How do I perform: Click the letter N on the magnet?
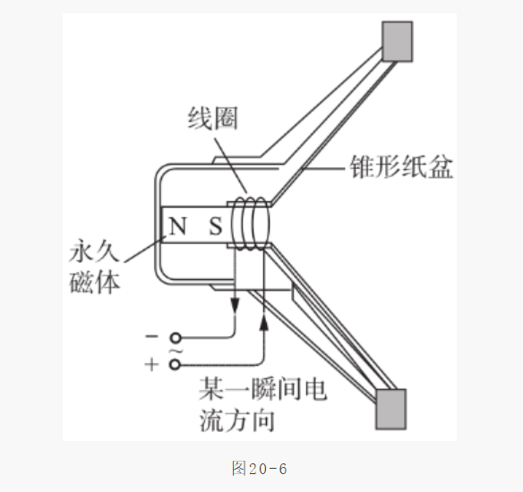click(x=177, y=225)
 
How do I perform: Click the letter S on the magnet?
click(x=216, y=226)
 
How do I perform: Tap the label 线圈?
click(x=213, y=118)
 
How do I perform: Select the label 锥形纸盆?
click(x=401, y=166)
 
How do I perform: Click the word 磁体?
click(x=94, y=283)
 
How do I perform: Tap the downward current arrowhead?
click(x=236, y=306)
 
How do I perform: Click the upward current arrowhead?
click(x=264, y=323)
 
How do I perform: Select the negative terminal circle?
click(x=176, y=338)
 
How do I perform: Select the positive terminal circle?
click(x=175, y=364)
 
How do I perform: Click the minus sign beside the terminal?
click(x=151, y=336)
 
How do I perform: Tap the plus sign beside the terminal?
click(x=151, y=364)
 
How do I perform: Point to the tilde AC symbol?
click(x=176, y=351)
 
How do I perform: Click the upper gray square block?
click(x=397, y=42)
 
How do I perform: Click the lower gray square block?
click(x=391, y=409)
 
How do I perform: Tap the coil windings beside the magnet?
click(x=251, y=224)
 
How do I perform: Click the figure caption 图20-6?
click(x=260, y=469)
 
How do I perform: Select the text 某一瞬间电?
click(x=262, y=389)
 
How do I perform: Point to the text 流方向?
click(x=237, y=420)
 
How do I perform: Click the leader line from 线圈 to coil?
click(x=231, y=165)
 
